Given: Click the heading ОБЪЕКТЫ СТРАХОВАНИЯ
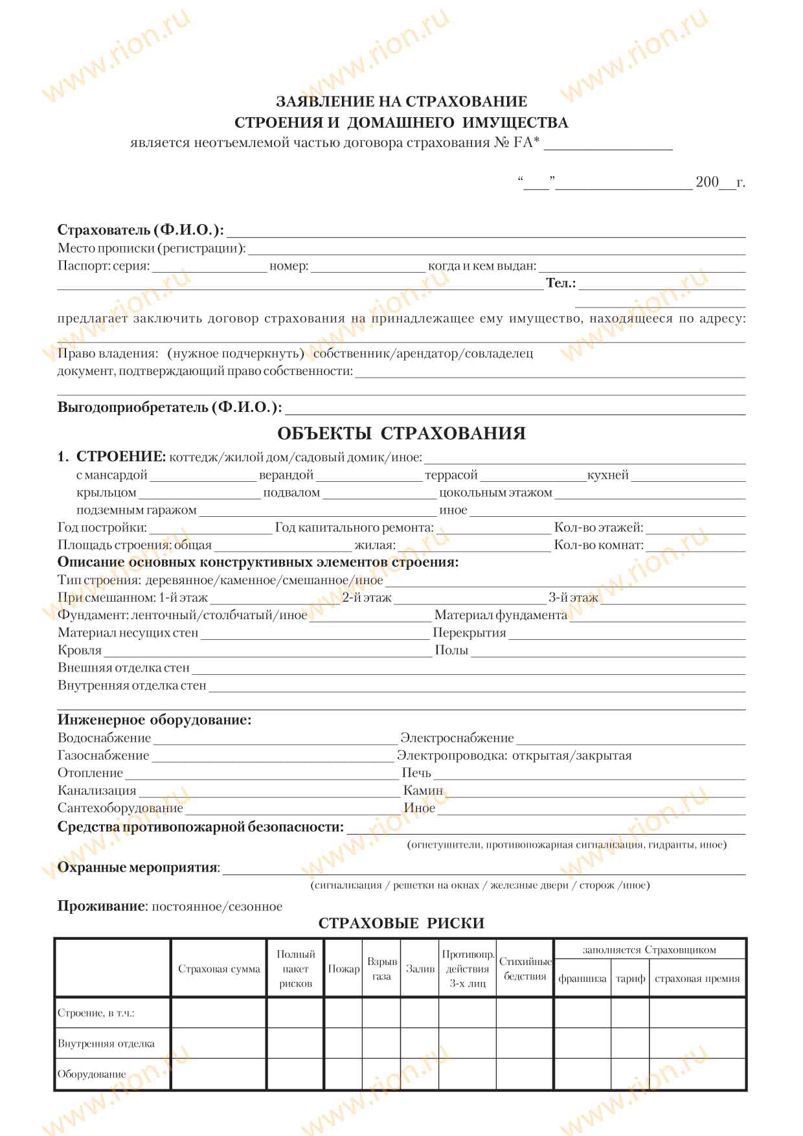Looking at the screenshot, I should [x=401, y=433].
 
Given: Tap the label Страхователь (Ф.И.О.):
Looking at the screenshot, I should [x=141, y=230].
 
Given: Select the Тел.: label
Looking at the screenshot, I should [x=561, y=283].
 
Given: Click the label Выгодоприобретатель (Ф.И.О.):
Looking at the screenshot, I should [x=170, y=407].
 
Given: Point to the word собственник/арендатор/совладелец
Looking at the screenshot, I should [x=423, y=354].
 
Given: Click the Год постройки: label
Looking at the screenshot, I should [x=102, y=528].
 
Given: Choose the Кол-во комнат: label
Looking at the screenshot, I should [x=598, y=545].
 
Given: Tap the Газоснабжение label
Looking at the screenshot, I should [x=103, y=756].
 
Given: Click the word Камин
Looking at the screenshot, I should [x=423, y=791].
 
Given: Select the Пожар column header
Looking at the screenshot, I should [x=343, y=969].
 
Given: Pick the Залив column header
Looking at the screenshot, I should [x=420, y=969].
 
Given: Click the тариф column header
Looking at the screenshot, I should [x=630, y=979].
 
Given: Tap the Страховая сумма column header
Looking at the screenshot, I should [x=219, y=969].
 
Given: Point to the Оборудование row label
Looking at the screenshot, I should [x=92, y=1074].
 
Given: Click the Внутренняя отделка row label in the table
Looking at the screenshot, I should [x=106, y=1043].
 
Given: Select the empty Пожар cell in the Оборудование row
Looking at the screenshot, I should [x=343, y=1074].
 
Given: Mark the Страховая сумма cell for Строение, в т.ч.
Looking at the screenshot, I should [x=219, y=1013].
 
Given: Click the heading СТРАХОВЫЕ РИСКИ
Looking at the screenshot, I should [x=401, y=924].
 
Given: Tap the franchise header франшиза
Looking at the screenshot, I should [x=582, y=979].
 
